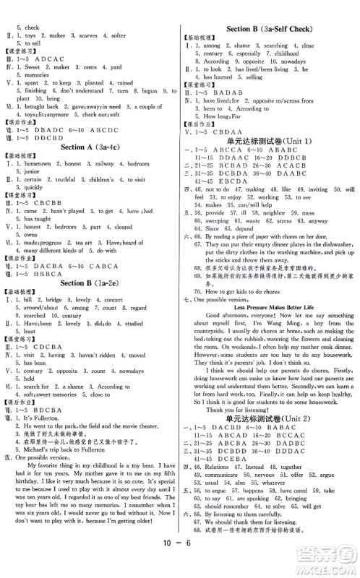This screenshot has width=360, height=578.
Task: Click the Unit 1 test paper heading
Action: pos(270,139)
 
